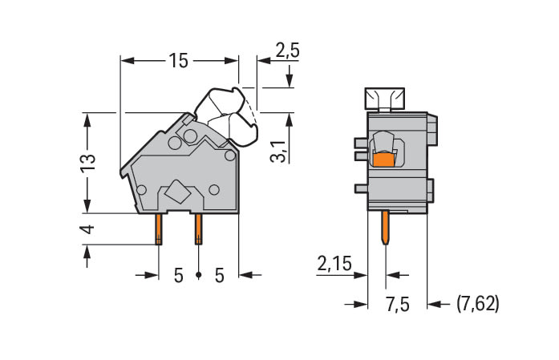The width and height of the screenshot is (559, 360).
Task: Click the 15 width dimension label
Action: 178,61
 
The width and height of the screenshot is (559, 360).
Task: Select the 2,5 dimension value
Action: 287,51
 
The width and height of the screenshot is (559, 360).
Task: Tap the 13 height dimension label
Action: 87,164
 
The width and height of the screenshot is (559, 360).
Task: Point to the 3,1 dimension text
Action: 278,151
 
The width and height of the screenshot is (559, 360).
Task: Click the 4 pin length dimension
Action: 88,229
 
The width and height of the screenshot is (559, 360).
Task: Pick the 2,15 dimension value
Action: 334,264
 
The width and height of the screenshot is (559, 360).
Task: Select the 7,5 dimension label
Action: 398,305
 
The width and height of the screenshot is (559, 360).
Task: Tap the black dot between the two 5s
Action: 199,275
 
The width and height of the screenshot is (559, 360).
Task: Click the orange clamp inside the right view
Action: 383,160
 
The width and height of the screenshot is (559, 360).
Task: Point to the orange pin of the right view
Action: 385,228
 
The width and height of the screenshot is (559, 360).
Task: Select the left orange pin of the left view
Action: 159,229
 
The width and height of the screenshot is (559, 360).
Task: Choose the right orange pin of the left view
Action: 198,229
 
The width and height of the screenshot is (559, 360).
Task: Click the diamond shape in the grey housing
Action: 178,192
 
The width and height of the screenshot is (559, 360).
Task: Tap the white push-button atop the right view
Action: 384,98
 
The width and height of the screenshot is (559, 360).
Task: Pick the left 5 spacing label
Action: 178,276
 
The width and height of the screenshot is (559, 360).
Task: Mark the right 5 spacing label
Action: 219,276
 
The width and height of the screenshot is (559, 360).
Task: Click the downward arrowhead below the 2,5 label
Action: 290,80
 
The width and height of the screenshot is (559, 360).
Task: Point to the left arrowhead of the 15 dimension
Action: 128,61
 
